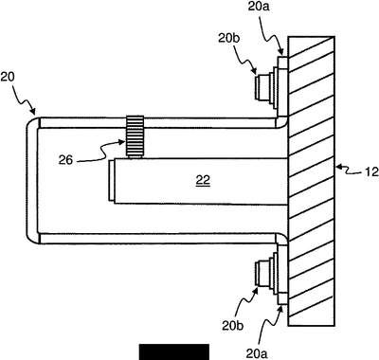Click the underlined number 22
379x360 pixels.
[x=203, y=181]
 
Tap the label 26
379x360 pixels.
[x=65, y=160]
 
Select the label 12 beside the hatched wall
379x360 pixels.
[x=371, y=172]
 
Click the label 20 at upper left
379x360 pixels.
[x=8, y=78]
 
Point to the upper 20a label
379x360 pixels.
[x=259, y=7]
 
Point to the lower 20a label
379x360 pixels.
[x=259, y=354]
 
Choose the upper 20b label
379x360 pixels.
[x=229, y=38]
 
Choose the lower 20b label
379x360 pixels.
[x=233, y=326]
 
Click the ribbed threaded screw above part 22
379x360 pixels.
[x=135, y=136]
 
